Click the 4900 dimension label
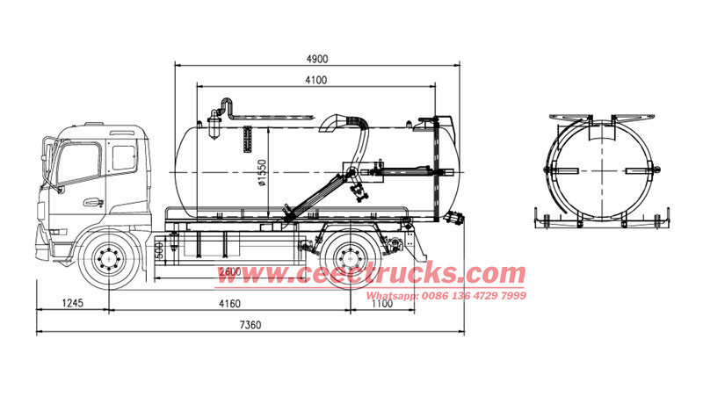pos(317,59)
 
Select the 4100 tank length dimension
pos(316,80)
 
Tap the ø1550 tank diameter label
pos(262,173)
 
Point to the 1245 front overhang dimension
pos(73,303)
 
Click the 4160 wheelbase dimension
pos(229,304)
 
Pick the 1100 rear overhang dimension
pos(382,304)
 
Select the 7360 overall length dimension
pos(250,325)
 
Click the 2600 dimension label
pos(230,272)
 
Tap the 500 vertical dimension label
pos(158,250)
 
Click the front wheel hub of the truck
pos(109,259)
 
